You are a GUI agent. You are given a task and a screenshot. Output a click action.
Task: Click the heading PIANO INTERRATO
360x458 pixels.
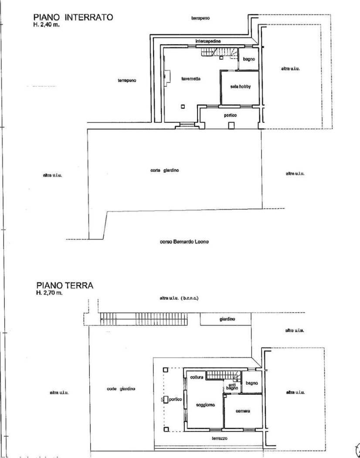tap(73, 17)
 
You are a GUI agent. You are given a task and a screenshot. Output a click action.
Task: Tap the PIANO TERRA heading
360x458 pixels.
tap(64, 286)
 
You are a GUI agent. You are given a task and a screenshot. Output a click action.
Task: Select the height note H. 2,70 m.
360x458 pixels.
tap(50, 293)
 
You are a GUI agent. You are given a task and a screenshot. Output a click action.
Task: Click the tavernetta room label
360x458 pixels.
tap(191, 79)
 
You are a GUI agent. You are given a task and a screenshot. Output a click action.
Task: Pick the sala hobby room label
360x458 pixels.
tap(241, 86)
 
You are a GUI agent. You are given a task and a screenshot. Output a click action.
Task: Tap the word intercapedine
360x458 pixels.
tap(208, 41)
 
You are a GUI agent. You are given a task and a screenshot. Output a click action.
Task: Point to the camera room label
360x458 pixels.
tap(243, 411)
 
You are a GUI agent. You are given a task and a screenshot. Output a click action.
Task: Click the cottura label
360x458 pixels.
tap(197, 377)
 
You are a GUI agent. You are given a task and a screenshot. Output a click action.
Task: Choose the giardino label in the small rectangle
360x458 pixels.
tap(227, 319)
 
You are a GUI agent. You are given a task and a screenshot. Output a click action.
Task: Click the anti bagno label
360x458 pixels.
tap(232, 386)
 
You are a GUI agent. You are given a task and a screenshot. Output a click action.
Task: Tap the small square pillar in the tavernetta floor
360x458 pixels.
tap(183, 106)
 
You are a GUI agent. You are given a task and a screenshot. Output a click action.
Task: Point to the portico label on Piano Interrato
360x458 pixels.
tap(230, 116)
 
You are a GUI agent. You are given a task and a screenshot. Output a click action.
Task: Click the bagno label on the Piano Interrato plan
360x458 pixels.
tap(249, 59)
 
